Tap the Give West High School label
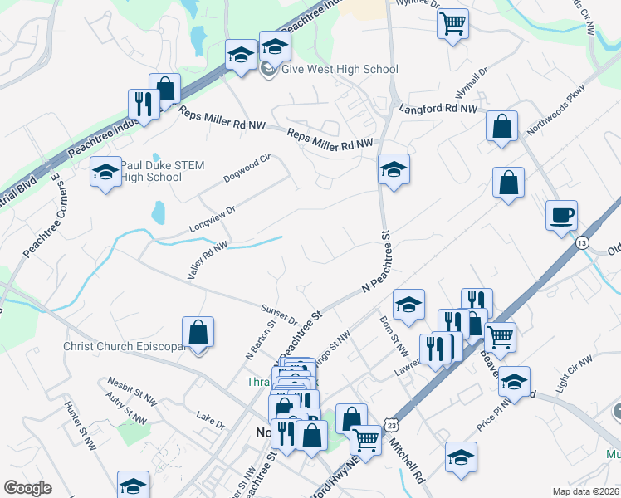[340, 70]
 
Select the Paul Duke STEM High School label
[151, 170]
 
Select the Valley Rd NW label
[208, 260]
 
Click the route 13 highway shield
[582, 242]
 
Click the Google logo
[27, 488]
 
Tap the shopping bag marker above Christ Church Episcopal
[198, 332]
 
